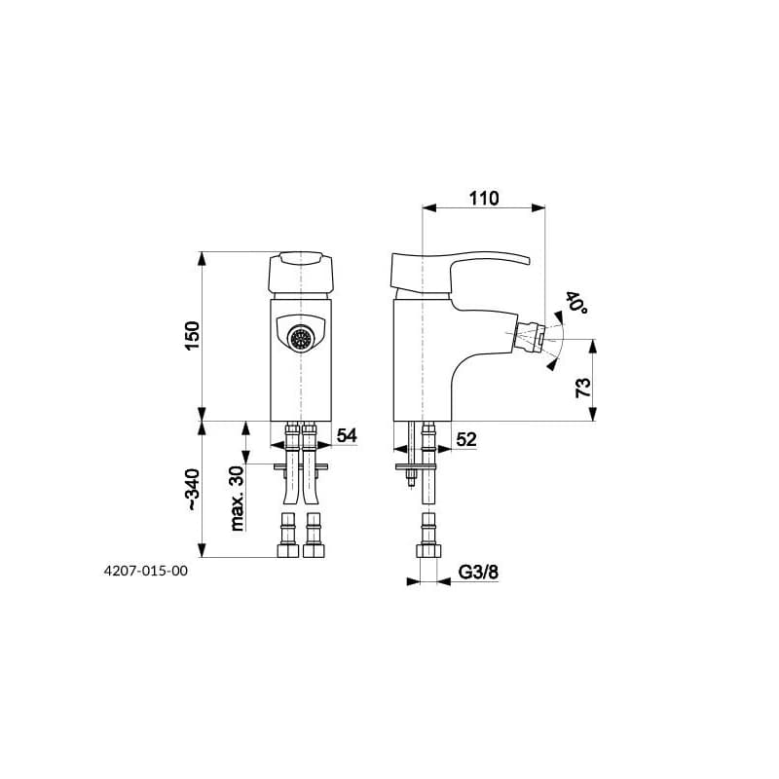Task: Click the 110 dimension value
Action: [484, 199]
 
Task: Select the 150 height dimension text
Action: [192, 336]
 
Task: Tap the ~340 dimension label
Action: [192, 490]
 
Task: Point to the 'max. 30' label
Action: [238, 499]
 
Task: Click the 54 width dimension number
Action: [347, 435]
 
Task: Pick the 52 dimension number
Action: [466, 439]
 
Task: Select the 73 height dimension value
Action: [583, 388]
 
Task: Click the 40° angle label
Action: [576, 302]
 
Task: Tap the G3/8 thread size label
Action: [478, 573]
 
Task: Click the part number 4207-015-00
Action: [145, 571]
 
